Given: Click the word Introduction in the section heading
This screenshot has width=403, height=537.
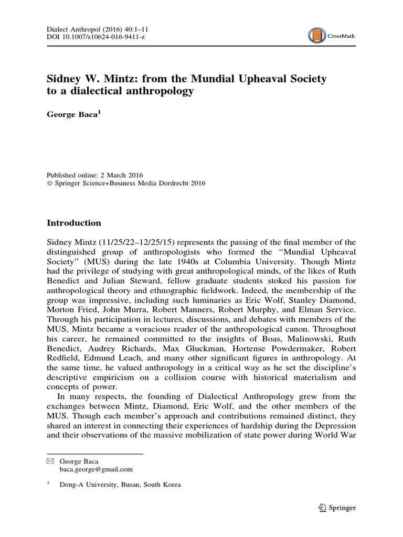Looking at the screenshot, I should (75, 223).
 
